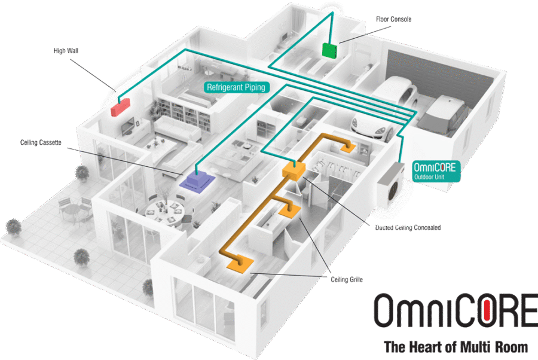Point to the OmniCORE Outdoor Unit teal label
pyautogui.click(x=437, y=170)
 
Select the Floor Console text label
pyautogui.click(x=394, y=19)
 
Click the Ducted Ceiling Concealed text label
pyautogui.click(x=408, y=228)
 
